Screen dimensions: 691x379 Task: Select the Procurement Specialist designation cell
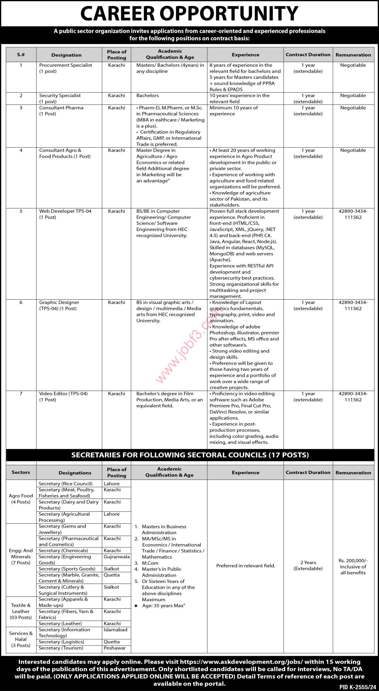(66, 68)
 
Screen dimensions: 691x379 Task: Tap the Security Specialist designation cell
(60, 98)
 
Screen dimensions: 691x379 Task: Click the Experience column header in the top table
(245, 55)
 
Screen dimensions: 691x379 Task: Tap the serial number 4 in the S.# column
(21, 150)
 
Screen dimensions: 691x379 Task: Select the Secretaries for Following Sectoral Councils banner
(190, 455)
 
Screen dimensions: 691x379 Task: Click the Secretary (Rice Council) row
(66, 483)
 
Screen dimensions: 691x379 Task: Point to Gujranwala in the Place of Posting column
(117, 556)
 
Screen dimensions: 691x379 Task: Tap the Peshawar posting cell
(114, 648)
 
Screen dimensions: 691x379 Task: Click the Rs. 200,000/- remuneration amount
(353, 561)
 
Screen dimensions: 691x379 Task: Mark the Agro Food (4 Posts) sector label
(21, 499)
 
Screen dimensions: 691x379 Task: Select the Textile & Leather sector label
(21, 611)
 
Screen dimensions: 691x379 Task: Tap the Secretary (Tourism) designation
(61, 648)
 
